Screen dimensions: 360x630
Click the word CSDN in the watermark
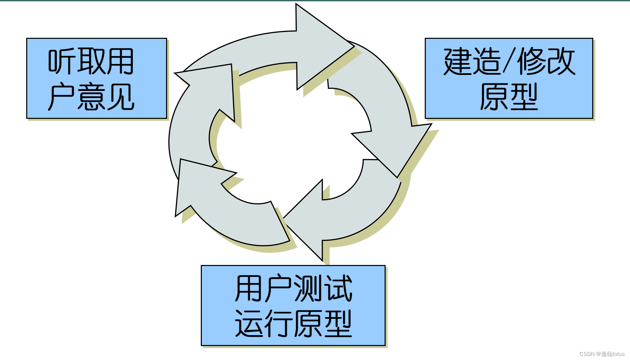[x=587, y=354]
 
